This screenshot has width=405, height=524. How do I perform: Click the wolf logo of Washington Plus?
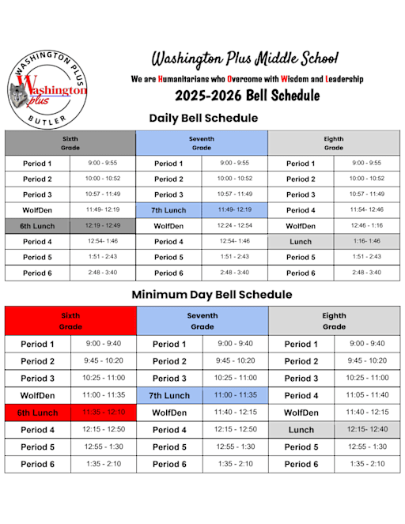47,94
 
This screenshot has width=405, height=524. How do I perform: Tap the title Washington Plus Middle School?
244,58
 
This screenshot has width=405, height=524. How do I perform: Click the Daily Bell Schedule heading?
203,119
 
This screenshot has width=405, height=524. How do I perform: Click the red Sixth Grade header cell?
70,320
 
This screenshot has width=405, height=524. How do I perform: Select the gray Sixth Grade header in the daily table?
70,143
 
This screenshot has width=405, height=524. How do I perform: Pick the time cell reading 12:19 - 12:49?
102,225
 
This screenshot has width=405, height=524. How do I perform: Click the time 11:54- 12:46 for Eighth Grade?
366,209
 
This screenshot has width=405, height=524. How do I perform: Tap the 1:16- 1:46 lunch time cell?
366,241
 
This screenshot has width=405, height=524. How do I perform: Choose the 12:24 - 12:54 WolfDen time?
235,225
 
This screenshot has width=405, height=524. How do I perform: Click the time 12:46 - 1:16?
366,225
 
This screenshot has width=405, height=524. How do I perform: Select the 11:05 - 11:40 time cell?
367,395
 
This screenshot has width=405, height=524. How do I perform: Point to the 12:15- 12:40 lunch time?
367,429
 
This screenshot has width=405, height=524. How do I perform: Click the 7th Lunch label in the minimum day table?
169,395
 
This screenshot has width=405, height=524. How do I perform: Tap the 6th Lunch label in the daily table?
37,225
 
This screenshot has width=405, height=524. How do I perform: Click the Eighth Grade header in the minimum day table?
334,320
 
